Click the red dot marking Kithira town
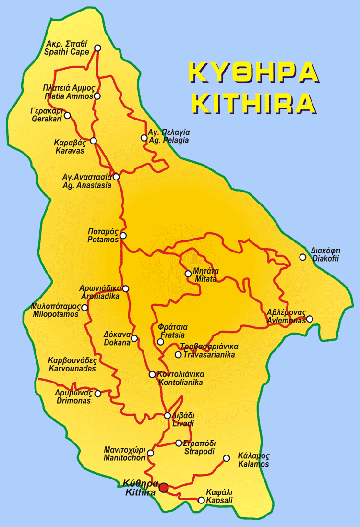click(x=164, y=488)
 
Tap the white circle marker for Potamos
click(x=123, y=235)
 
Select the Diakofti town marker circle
click(x=302, y=257)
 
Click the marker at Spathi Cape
click(x=98, y=48)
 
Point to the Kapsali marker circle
click(x=201, y=500)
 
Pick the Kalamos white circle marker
click(x=227, y=458)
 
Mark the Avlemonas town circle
click(x=310, y=319)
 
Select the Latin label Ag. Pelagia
click(x=168, y=141)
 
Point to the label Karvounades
click(x=72, y=369)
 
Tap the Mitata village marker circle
click(x=188, y=274)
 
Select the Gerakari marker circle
click(x=67, y=115)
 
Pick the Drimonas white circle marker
click(x=98, y=394)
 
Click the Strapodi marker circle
click(x=179, y=443)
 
